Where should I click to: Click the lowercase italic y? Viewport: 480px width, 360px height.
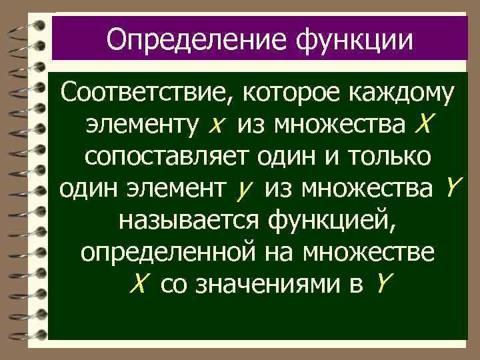click(x=241, y=191)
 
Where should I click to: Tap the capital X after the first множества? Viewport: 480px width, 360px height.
click(x=424, y=123)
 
